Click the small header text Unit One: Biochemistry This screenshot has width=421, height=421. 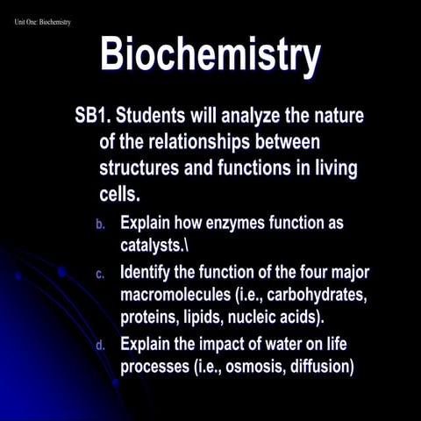[43, 21]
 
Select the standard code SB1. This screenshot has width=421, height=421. [93, 116]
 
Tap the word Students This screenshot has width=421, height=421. [157, 116]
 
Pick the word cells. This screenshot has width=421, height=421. [120, 192]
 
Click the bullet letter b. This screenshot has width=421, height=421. [100, 225]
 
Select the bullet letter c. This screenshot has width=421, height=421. [100, 275]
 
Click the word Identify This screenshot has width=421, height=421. [150, 273]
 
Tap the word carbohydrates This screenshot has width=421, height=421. [297, 294]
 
